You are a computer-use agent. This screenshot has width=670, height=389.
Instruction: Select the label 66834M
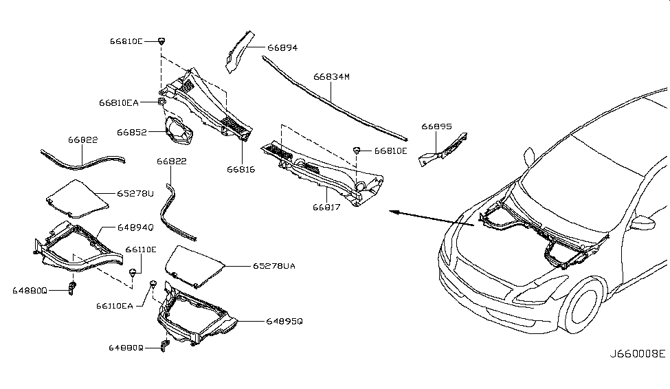coord(332,77)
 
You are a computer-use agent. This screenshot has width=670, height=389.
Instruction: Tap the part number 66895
coord(436,127)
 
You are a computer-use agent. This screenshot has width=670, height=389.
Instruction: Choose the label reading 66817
coord(327,205)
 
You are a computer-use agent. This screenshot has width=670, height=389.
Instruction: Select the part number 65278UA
coord(273,266)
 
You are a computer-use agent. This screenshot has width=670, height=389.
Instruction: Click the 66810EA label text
coord(119,102)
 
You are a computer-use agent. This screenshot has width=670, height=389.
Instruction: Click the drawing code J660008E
coord(638,354)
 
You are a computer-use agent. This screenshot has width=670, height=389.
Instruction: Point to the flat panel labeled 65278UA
coord(196,265)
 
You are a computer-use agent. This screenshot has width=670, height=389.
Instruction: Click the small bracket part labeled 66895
coord(443,150)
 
